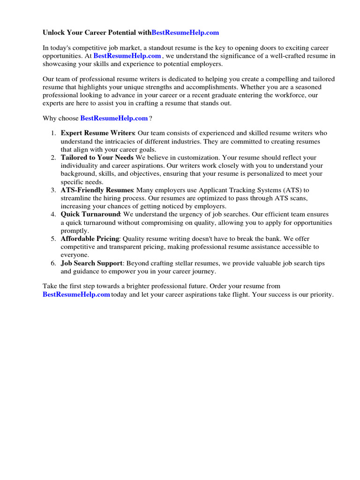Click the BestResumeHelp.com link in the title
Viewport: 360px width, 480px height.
[x=185, y=33]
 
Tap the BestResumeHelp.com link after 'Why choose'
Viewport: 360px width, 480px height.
[x=114, y=118]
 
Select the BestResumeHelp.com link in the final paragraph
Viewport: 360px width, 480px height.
[x=76, y=294]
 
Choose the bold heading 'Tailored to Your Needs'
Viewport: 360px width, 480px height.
[x=97, y=157]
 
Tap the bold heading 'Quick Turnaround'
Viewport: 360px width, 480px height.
[x=90, y=214]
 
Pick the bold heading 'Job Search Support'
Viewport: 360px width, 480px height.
[x=91, y=263]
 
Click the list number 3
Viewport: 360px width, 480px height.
[x=53, y=190]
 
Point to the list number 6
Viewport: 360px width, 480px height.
[x=53, y=263]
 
